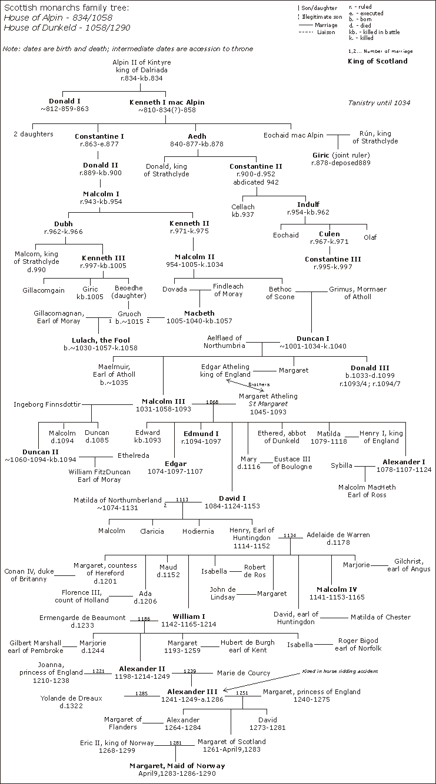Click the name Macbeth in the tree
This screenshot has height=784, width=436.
click(x=200, y=313)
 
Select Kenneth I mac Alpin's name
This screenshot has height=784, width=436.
click(x=167, y=102)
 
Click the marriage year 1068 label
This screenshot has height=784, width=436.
click(x=212, y=402)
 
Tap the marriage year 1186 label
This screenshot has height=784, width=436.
click(x=144, y=619)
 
